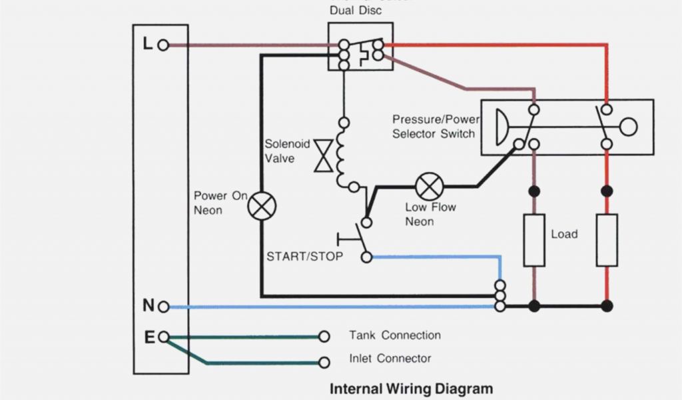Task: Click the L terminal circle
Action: pos(164,45)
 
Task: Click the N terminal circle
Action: pos(164,307)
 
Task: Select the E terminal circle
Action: pos(164,337)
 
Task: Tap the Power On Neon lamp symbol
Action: pos(262,207)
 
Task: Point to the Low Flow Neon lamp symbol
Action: pos(429,186)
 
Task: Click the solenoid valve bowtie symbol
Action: pos(324,155)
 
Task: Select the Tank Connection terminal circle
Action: pos(324,337)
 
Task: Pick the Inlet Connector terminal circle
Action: pos(324,363)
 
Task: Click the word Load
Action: pos(564,235)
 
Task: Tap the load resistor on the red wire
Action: pos(606,240)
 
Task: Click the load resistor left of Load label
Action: pos(533,240)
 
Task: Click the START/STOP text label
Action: pos(305,257)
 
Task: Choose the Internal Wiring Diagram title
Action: pos(412,389)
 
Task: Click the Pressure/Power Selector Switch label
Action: pos(435,127)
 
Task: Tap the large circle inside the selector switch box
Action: pos(628,127)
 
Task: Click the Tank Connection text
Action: pos(395,335)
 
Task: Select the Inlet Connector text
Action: pos(390,359)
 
